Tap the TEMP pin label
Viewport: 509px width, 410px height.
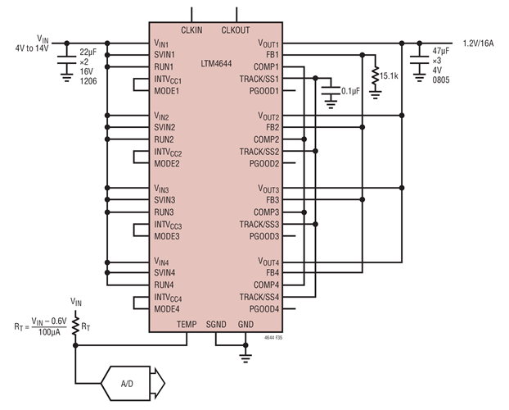click(187, 324)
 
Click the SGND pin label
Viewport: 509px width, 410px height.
click(216, 324)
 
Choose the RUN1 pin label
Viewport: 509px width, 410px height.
click(164, 66)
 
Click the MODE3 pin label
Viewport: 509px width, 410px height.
click(167, 236)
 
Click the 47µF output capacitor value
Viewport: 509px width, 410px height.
click(439, 52)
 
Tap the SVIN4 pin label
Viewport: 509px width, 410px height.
click(165, 272)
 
